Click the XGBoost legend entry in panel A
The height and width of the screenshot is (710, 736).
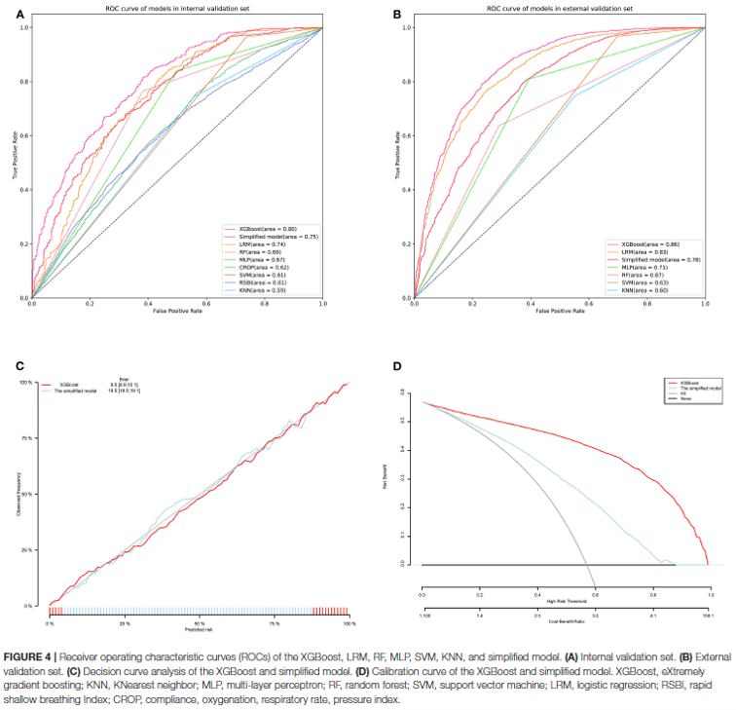[258, 227]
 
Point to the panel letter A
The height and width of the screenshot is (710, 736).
[21, 16]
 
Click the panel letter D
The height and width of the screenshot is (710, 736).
[396, 366]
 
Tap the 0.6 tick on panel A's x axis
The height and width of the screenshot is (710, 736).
[206, 305]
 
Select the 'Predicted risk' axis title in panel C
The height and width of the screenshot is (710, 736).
[199, 630]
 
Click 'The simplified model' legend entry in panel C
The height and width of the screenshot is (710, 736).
[80, 392]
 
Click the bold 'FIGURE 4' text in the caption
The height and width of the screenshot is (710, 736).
[39, 650]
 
